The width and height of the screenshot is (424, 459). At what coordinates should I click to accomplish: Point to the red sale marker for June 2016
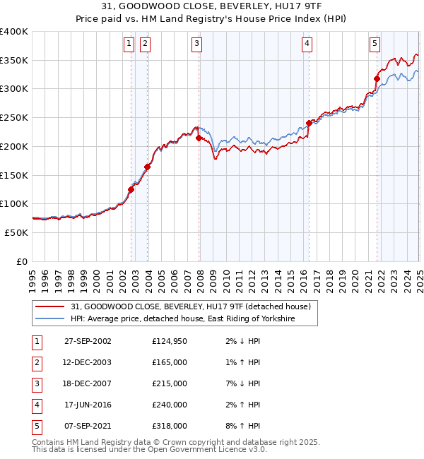tap(310, 123)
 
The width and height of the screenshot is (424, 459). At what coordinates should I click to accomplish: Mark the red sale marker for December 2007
tap(199, 138)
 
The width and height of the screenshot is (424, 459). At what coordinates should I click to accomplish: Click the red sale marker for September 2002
tap(131, 189)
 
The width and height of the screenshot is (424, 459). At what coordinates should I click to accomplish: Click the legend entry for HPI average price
tap(182, 319)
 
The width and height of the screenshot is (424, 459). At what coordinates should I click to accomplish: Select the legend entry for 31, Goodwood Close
tap(190, 306)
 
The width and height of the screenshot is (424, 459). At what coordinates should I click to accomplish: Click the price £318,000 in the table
tap(170, 426)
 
